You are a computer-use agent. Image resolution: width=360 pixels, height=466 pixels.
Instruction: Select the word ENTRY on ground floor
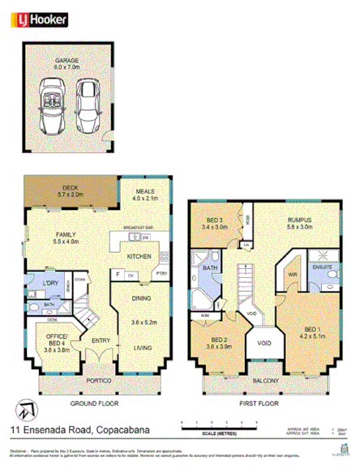tap(101, 340)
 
